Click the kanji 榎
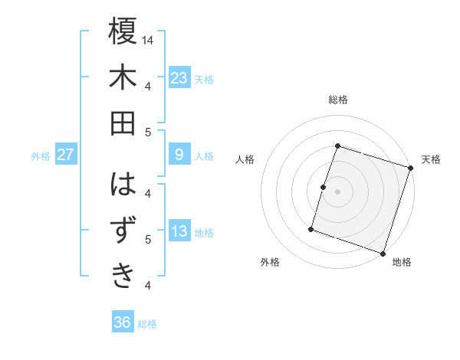coord(123,33)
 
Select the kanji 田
coord(123,122)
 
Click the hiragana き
coord(123,274)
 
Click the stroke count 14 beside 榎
coord(148,40)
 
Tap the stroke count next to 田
coord(147,131)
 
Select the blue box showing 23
coord(179,77)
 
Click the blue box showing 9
coord(179,155)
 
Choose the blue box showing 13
coord(179,231)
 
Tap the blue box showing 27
coord(65,155)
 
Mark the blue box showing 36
coord(123,322)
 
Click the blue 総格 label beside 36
coord(147,324)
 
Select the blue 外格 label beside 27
coord(41,156)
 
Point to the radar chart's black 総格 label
coord(337,100)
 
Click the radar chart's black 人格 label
coord(245,159)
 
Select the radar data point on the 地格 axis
coord(383,253)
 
